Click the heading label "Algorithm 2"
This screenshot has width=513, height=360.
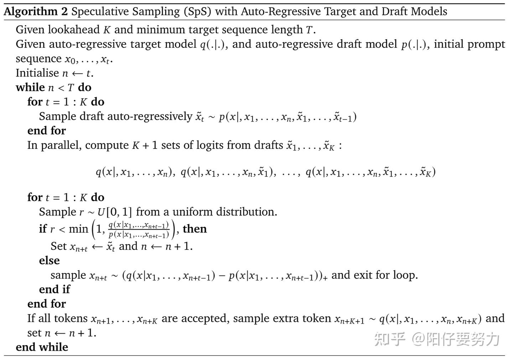point(36,12)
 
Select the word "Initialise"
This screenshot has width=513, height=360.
point(37,73)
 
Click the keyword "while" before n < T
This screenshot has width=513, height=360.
point(30,87)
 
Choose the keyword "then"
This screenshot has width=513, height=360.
point(195,229)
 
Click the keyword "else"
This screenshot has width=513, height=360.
point(49,261)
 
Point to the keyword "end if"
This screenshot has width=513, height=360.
point(55,289)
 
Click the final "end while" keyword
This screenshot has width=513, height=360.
point(42,347)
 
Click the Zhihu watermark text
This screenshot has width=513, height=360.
point(437,339)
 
